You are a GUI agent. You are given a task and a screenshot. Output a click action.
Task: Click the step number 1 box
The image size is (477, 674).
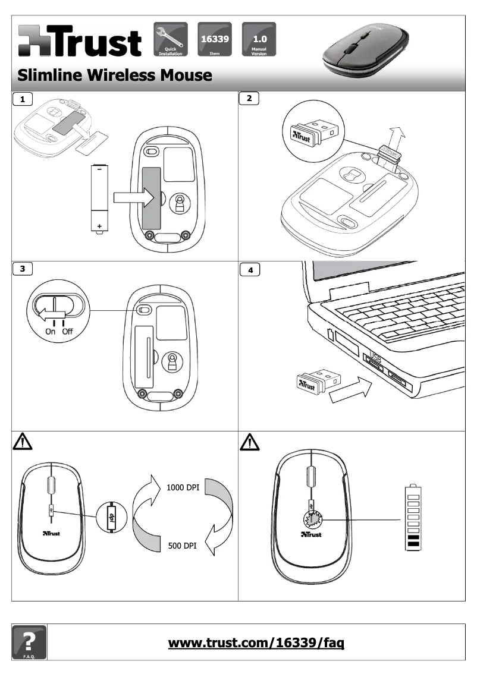[23, 99]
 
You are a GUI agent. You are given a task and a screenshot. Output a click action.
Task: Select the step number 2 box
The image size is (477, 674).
[249, 99]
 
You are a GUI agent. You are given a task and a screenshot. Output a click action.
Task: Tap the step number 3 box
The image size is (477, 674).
[23, 268]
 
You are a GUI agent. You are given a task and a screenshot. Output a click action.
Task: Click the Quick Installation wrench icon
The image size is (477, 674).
[171, 39]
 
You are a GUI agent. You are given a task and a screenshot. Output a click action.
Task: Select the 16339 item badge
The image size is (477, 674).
[214, 39]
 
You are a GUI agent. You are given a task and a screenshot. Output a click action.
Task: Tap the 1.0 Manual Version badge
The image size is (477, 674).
[259, 39]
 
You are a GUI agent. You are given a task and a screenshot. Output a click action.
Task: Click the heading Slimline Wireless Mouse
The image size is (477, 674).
[115, 75]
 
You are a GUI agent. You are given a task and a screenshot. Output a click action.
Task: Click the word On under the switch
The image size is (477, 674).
[51, 331]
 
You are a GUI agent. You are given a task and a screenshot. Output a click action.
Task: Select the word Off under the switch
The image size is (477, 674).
[67, 331]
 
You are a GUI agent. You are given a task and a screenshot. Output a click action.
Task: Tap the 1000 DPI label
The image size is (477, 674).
[183, 487]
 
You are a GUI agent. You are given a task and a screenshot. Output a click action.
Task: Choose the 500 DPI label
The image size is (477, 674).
[182, 545]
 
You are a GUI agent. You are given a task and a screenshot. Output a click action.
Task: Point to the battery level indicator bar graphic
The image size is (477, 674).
[412, 516]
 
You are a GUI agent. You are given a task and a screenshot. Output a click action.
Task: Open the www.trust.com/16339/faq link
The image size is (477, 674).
[257, 642]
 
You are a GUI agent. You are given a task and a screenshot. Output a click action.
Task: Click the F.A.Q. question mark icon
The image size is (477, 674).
[29, 642]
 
